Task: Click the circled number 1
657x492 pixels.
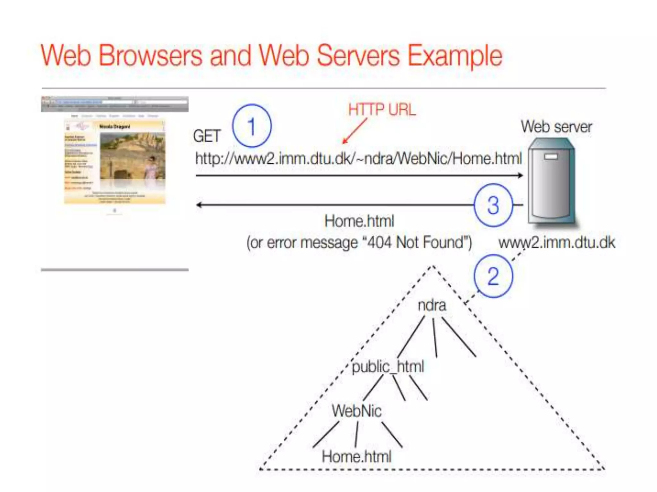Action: click(x=252, y=126)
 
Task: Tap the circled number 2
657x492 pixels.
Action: click(x=493, y=276)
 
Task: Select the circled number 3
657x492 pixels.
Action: click(x=493, y=205)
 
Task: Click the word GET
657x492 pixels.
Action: click(x=207, y=136)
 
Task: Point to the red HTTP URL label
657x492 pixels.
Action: click(x=382, y=110)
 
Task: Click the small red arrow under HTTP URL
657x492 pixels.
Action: click(x=354, y=131)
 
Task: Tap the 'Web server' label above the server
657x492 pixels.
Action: click(x=556, y=127)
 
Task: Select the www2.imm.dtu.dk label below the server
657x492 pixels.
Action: click(x=557, y=242)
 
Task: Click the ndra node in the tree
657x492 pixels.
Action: click(x=432, y=305)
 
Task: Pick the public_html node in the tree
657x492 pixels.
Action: click(x=388, y=366)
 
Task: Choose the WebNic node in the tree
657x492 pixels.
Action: click(x=357, y=411)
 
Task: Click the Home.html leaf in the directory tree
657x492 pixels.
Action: click(x=357, y=456)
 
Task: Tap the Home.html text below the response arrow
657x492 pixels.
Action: click(x=359, y=221)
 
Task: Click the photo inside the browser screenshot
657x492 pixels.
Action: click(x=132, y=156)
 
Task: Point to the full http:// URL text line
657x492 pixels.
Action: click(x=358, y=159)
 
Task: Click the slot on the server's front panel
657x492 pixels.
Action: click(x=551, y=157)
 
